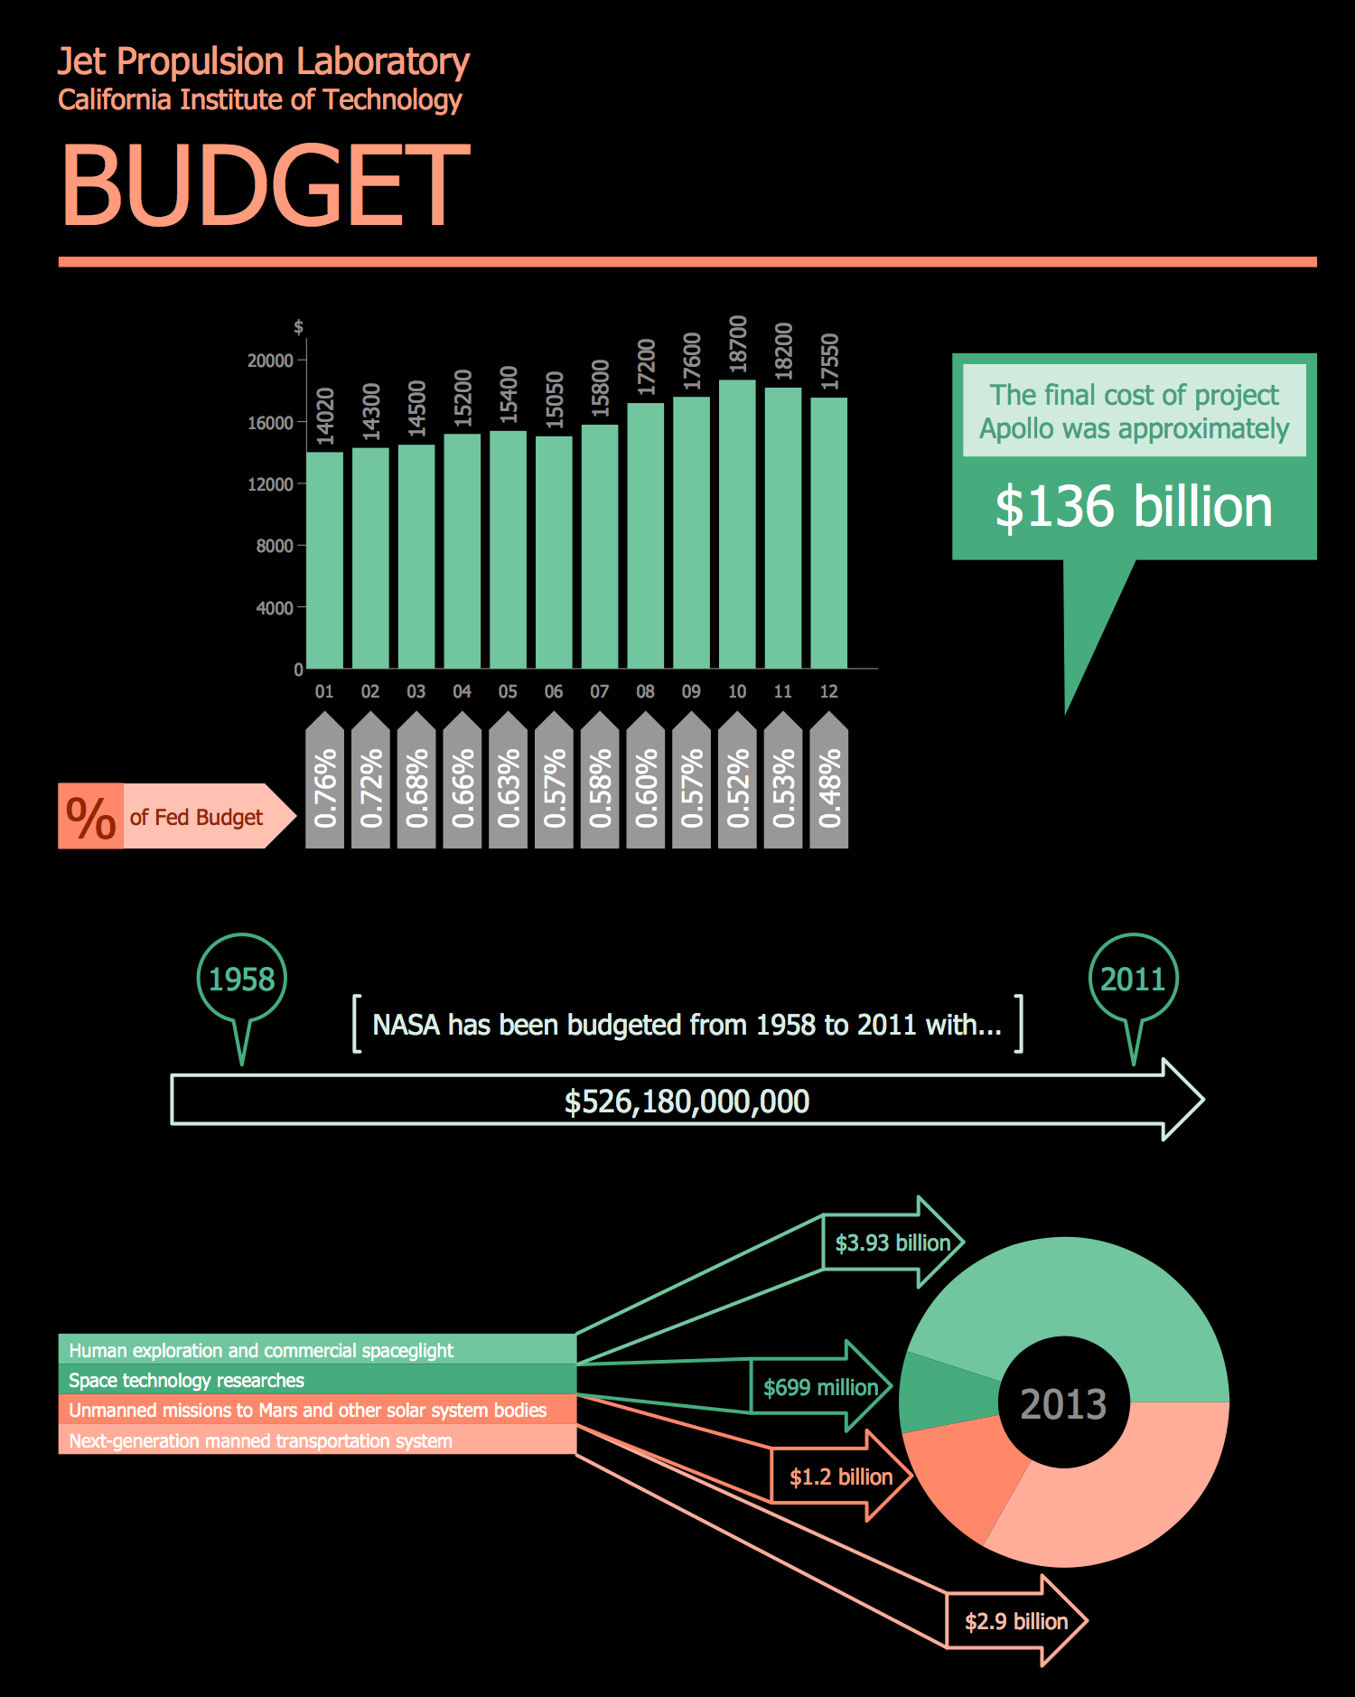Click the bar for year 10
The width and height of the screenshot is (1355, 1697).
(x=737, y=524)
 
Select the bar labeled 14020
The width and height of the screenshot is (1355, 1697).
(x=324, y=560)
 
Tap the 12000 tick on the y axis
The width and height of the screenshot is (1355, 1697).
(x=270, y=484)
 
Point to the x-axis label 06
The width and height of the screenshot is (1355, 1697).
(x=554, y=691)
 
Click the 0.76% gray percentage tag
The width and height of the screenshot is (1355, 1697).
(x=325, y=786)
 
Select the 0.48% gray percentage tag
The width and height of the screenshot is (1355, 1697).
(x=829, y=786)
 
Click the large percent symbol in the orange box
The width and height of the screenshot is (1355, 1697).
(x=90, y=817)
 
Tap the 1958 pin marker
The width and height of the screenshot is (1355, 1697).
(x=241, y=980)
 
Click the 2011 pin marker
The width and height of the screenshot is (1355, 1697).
(x=1133, y=980)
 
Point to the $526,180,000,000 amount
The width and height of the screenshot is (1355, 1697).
(x=687, y=1102)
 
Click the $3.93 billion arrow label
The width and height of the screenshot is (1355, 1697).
(x=892, y=1243)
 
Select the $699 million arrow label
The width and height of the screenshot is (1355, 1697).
(x=820, y=1387)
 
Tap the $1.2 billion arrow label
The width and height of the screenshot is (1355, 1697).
(x=841, y=1477)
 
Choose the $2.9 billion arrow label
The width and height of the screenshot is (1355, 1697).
(x=1016, y=1621)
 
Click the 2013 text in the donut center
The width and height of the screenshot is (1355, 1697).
(x=1063, y=1404)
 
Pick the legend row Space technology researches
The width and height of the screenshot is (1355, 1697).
(x=316, y=1380)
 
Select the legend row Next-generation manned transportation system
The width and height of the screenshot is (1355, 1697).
(x=316, y=1440)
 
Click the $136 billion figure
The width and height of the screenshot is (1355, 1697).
(x=1134, y=507)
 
